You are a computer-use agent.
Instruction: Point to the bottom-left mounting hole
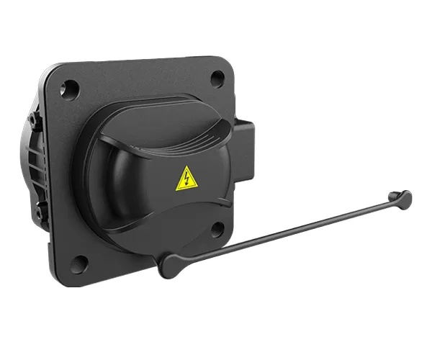click(81, 261)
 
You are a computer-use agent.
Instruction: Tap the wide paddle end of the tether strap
click(171, 265)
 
